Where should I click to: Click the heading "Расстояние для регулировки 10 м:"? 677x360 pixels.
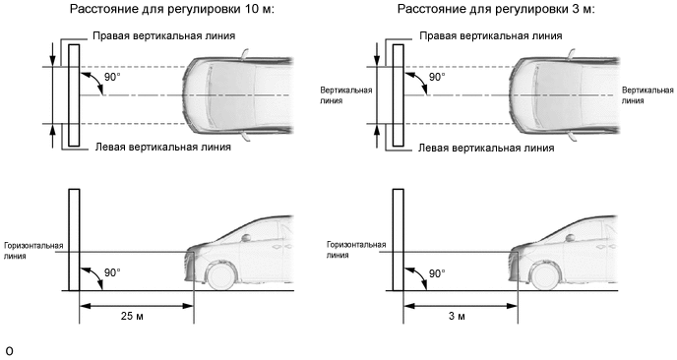(172, 9)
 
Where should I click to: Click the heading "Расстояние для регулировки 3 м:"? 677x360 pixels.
(496, 9)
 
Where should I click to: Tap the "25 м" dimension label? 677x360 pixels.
(132, 316)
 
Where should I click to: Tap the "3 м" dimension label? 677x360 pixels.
(457, 316)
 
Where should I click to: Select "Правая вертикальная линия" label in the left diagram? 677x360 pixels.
(164, 35)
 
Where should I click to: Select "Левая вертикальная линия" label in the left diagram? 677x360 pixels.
(163, 148)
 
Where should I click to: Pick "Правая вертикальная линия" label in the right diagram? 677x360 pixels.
(491, 35)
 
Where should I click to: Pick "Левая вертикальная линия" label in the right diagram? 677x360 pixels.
(486, 149)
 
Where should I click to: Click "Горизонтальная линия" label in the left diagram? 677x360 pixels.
(33, 251)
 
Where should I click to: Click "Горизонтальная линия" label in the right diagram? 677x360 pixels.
(356, 250)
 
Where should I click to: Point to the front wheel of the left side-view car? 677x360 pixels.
(221, 275)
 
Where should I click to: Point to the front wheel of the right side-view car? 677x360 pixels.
(546, 275)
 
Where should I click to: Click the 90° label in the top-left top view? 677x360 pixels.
(112, 78)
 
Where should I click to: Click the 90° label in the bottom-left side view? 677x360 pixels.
(112, 273)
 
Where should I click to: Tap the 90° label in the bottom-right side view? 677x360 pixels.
(437, 273)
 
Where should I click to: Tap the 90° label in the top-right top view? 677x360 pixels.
(437, 78)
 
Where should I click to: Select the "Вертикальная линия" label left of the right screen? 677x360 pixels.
(345, 95)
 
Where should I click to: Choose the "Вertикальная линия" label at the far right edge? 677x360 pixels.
(647, 95)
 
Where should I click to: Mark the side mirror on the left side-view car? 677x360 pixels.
(246, 237)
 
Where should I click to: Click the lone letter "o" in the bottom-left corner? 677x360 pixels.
(10, 351)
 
